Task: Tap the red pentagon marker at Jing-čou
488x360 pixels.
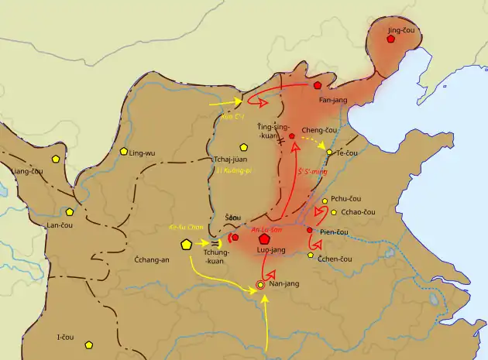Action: [391, 38]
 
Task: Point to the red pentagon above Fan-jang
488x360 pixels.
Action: [318, 84]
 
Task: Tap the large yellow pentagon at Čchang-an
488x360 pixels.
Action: [187, 245]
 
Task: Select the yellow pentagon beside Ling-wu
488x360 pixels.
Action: [123, 153]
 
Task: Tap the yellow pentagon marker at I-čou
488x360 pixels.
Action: [89, 344]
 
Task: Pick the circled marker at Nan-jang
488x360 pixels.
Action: [261, 286]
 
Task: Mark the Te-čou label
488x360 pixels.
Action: [347, 153]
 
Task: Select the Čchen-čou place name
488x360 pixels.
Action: [335, 258]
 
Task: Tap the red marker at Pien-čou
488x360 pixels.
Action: [309, 230]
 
